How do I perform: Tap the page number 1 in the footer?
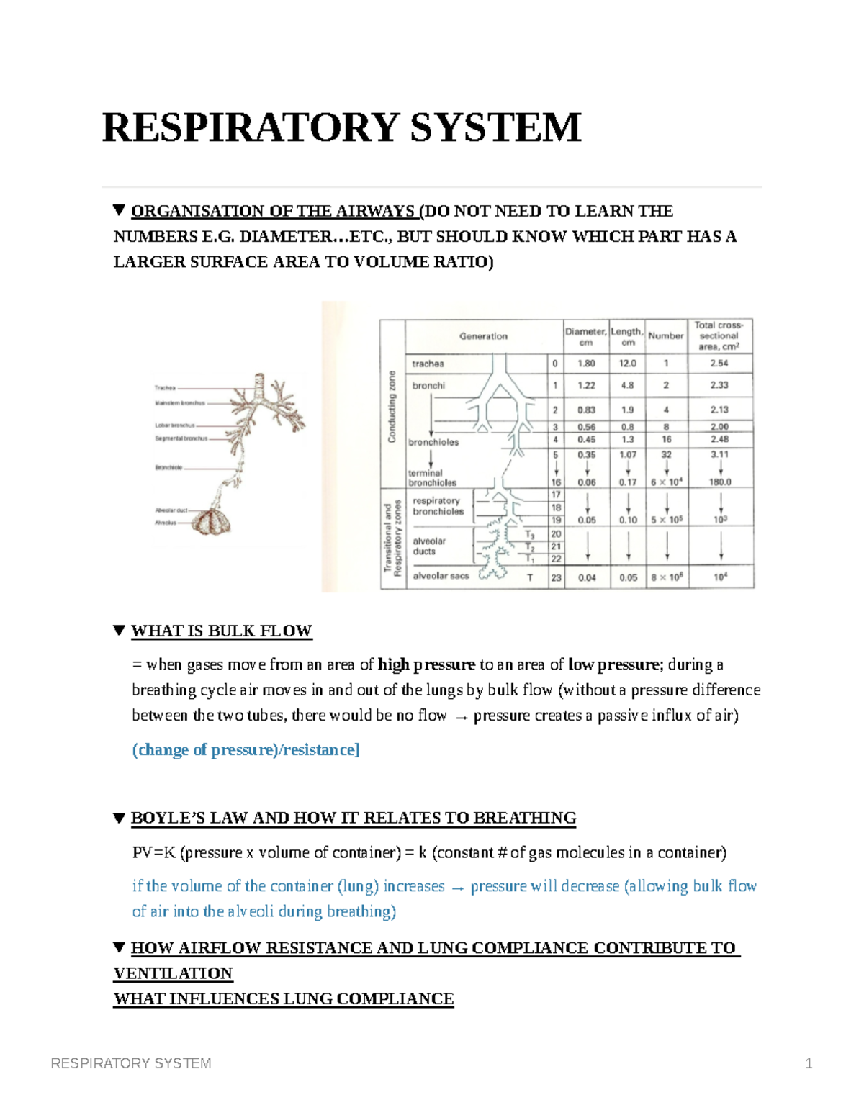pos(809,1063)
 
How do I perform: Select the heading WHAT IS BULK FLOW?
pos(221,631)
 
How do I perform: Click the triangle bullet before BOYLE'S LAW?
pos(120,818)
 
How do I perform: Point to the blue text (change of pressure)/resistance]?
pos(246,750)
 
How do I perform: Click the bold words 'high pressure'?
pos(426,664)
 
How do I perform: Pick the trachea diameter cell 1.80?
pos(586,364)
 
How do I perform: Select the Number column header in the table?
pos(665,335)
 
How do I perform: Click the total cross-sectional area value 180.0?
pos(720,482)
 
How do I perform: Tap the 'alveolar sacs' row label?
pos(441,576)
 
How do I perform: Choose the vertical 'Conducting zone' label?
pos(392,407)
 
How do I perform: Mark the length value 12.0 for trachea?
pos(627,364)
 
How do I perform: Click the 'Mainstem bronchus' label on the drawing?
pos(179,403)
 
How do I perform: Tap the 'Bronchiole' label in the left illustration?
pos(168,467)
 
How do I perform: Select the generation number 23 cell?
pos(556,577)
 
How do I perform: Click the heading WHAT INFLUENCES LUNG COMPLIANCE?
pos(284,999)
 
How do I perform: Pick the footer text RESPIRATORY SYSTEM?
pos(131,1063)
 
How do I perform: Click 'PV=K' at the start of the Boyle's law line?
pos(154,853)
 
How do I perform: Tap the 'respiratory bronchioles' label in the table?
pos(438,506)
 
